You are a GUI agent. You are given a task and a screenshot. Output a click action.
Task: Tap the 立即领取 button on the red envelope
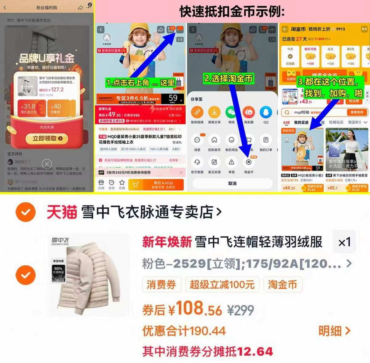point(47,139)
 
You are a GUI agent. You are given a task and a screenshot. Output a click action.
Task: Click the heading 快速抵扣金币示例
point(232,12)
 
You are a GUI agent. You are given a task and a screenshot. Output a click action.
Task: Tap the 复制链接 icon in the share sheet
point(197,113)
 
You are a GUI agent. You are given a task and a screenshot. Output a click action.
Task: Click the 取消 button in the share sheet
point(232,183)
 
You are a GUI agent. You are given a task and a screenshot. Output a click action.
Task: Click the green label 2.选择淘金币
point(228,78)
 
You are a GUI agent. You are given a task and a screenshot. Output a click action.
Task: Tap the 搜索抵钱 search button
point(357,112)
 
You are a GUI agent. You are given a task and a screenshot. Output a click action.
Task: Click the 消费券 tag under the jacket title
point(161,285)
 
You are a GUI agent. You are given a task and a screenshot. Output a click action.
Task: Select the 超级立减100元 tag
point(222,285)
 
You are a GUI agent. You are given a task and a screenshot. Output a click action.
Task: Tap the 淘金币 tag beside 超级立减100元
point(282,285)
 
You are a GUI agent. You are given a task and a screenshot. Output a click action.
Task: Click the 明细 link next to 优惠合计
point(334,331)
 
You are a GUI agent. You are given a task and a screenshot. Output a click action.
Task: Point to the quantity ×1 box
point(344,242)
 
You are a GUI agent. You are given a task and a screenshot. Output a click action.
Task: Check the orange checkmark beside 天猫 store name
point(26,212)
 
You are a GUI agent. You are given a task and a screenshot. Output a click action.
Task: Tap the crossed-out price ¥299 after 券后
point(241,310)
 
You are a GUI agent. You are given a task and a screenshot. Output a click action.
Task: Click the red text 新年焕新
point(167,242)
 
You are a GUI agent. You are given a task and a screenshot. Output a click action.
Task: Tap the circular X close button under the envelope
point(47,164)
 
